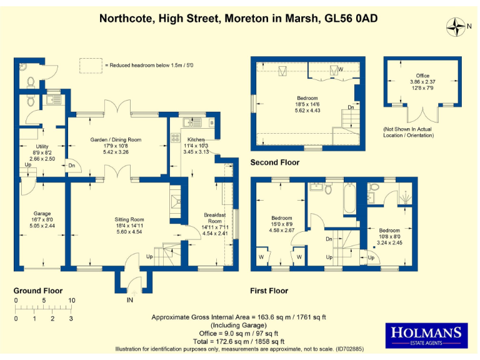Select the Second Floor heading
point(275,162)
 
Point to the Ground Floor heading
point(38,291)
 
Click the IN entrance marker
point(129,301)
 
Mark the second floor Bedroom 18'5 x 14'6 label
point(307,104)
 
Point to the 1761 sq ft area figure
point(305,317)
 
